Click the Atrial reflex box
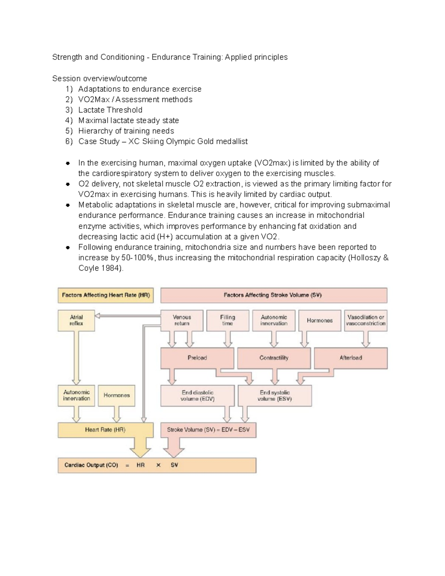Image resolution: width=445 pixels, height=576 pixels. [76, 320]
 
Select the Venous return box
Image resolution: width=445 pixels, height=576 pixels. [182, 320]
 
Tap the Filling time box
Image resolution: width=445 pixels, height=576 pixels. [227, 320]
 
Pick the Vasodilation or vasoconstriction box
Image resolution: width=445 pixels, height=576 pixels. [366, 320]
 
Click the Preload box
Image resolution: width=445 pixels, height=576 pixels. [197, 358]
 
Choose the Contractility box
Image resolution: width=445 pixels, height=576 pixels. [274, 358]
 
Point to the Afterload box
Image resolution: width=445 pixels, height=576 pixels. [350, 358]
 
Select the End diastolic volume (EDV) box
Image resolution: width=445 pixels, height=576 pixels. [197, 396]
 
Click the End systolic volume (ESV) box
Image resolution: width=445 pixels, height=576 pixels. [274, 396]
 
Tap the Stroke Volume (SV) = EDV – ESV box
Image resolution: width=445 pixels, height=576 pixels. [208, 430]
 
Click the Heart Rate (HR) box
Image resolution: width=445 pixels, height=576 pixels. [105, 430]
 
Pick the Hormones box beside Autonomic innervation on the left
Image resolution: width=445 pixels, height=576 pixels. [116, 395]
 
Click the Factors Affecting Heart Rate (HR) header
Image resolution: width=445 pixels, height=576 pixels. [106, 295]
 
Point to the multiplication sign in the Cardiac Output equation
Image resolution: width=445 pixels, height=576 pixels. [158, 465]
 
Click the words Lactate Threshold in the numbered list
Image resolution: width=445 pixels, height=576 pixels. [110, 110]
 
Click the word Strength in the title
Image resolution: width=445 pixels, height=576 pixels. [67, 57]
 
